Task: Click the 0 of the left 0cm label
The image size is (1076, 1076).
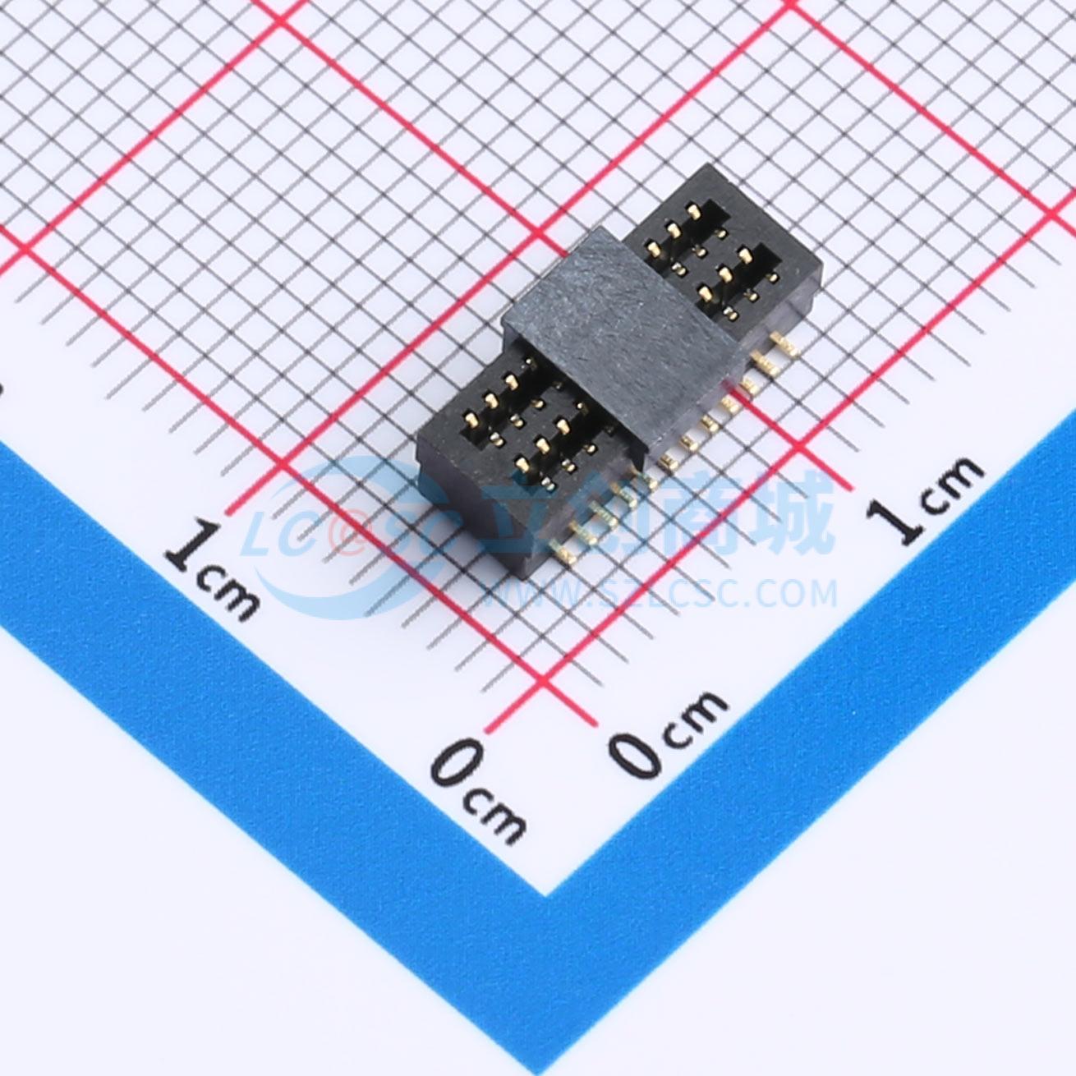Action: coord(457,761)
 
